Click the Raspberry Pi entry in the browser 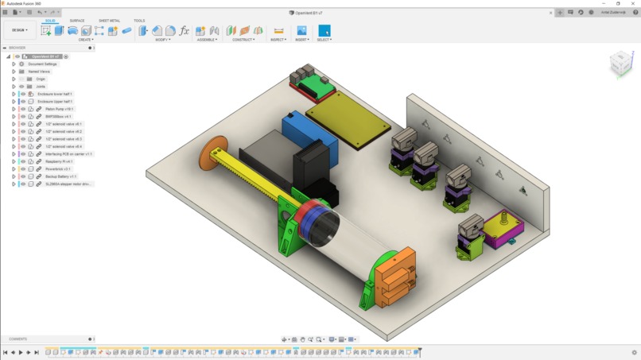point(60,161)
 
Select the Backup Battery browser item point(61,176)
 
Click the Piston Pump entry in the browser point(60,109)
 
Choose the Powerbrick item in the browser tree point(58,168)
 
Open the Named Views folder point(39,72)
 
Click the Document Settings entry point(42,64)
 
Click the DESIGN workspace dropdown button point(18,30)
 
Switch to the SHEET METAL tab point(110,21)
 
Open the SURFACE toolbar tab point(77,21)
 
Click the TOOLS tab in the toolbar point(139,21)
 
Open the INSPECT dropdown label point(278,40)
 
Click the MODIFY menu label point(162,40)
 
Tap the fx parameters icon point(185,30)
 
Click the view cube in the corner point(620,64)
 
